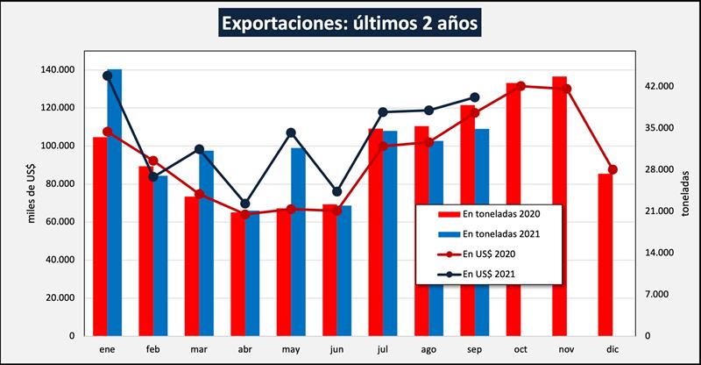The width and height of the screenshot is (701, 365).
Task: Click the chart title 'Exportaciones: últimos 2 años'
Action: pyautogui.click(x=350, y=24)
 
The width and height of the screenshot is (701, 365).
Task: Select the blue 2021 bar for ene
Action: pyautogui.click(x=115, y=202)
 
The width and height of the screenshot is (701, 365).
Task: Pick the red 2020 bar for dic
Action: pyautogui.click(x=605, y=254)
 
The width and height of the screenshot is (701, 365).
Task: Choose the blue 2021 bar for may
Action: pyautogui.click(x=298, y=241)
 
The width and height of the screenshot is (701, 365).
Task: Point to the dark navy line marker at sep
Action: pyautogui.click(x=474, y=97)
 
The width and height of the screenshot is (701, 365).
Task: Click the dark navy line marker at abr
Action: pyautogui.click(x=245, y=204)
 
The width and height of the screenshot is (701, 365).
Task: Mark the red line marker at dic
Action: pyautogui.click(x=612, y=169)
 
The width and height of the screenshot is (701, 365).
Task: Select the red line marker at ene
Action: pyautogui.click(x=107, y=132)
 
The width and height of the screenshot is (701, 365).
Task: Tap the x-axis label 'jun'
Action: pyautogui.click(x=336, y=349)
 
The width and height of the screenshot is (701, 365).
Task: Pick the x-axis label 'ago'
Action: pyautogui.click(x=428, y=349)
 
